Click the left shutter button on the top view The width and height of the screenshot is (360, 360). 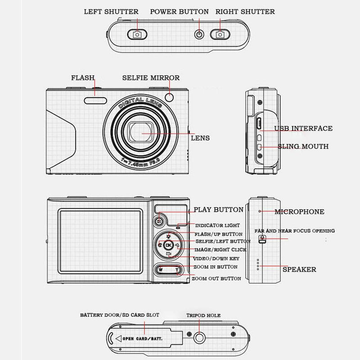point(137,35)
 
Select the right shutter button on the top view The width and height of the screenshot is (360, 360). point(220,35)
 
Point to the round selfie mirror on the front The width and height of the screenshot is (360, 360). point(170,98)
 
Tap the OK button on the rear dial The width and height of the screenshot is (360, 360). point(169,245)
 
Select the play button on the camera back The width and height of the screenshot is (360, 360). point(159,220)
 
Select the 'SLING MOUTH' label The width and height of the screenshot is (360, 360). point(303,146)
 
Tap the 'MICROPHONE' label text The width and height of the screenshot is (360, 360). point(299,211)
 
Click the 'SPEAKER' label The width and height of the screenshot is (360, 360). point(299,270)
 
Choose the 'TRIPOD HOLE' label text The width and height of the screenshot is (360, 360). point(203,315)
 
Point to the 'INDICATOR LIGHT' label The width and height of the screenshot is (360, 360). point(217,225)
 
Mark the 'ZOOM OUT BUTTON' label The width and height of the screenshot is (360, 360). point(216,279)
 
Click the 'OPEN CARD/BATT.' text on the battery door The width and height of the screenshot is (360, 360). point(143,338)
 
